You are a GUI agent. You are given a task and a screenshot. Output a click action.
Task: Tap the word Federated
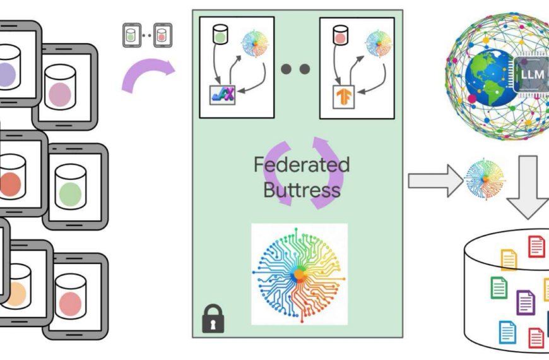[302, 165]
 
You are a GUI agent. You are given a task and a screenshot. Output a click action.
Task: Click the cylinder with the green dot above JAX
[220, 35]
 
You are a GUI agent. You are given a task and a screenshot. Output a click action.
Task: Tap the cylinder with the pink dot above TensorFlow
[341, 35]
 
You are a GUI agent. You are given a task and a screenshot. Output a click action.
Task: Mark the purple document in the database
[526, 302]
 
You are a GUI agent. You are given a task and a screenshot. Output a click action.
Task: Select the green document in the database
[499, 287]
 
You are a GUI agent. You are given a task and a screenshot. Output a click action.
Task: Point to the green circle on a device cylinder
[70, 191]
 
